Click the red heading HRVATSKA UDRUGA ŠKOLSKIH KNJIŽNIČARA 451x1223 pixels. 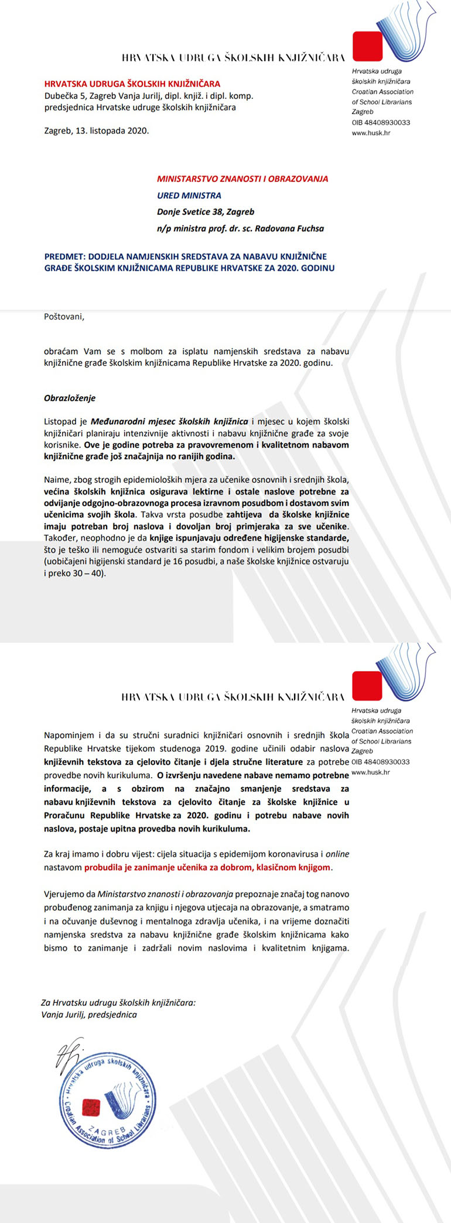132,84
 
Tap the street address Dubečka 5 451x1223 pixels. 64,95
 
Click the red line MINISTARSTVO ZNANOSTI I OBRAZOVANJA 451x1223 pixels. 242,179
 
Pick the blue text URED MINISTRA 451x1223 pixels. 189,195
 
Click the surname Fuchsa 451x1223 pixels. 307,228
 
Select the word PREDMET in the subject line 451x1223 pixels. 61,256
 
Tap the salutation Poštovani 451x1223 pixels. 64,317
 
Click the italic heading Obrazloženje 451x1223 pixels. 69,398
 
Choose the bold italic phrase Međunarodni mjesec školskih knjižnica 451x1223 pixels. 169,421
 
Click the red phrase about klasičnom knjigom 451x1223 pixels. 208,867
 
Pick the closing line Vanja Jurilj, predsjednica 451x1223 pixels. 89,1015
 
